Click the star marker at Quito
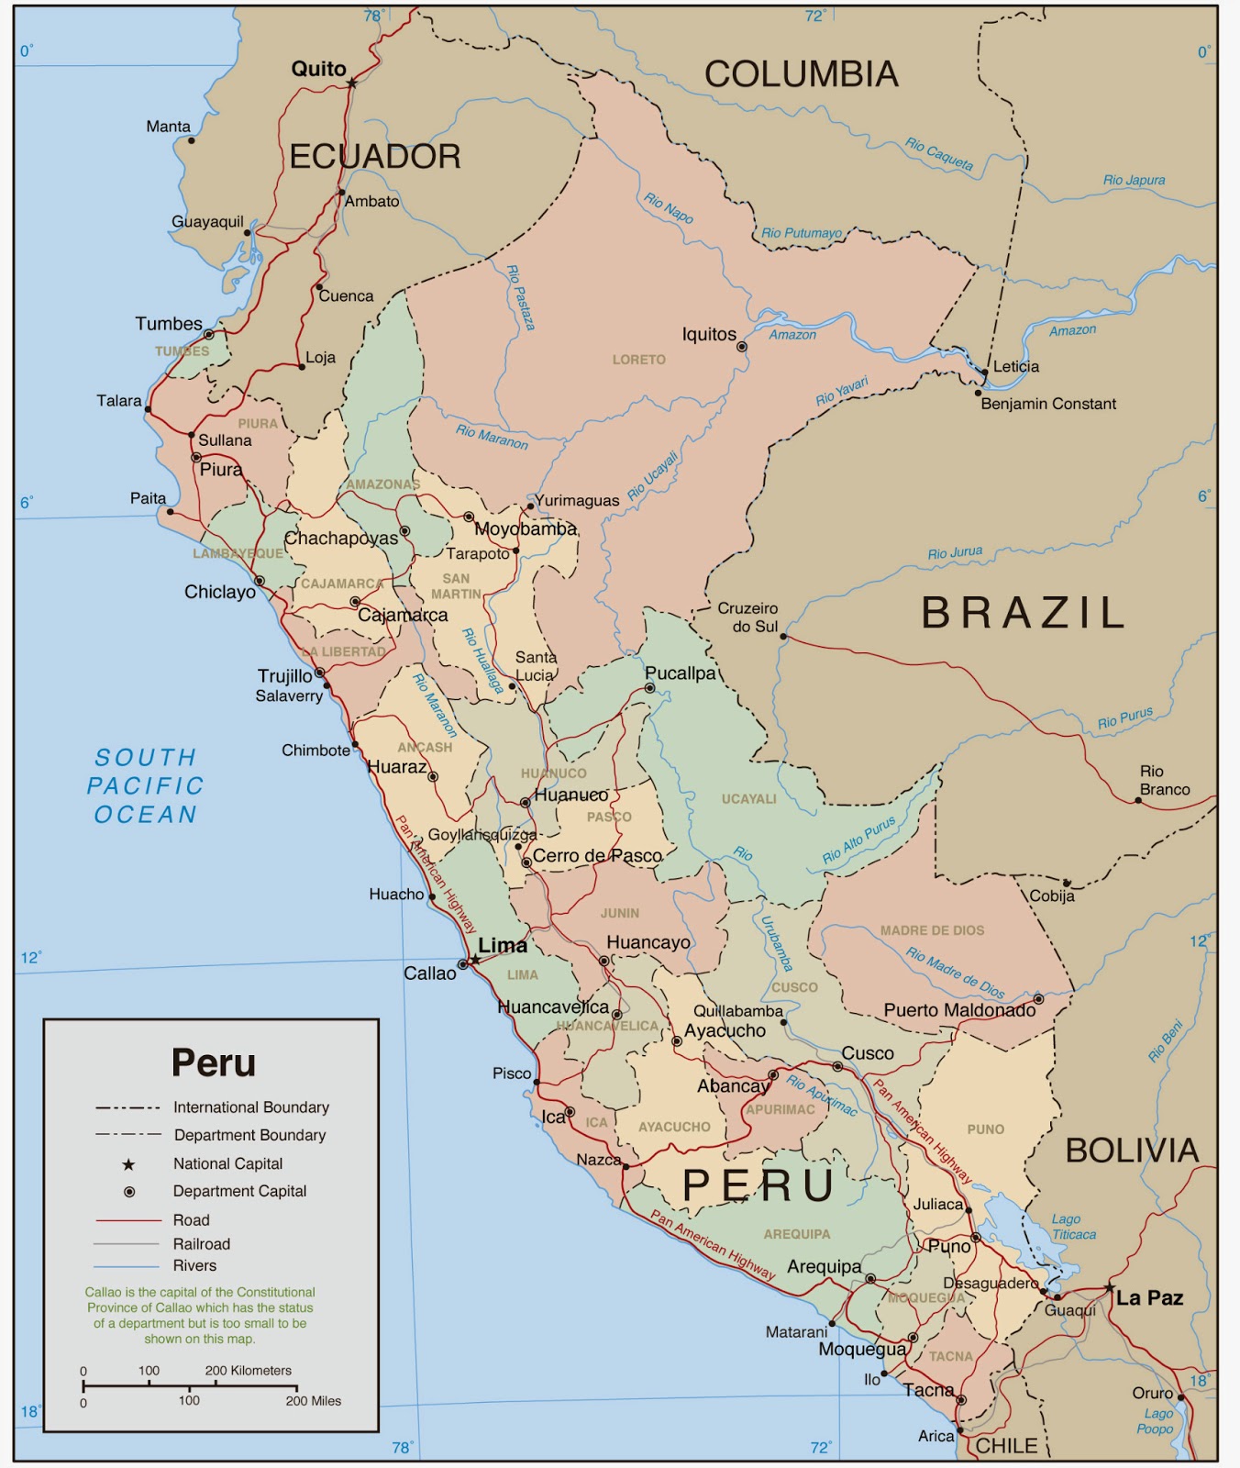pyautogui.click(x=351, y=83)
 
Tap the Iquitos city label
pyautogui.click(x=708, y=335)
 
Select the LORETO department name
pyautogui.click(x=638, y=360)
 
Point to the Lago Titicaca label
pyautogui.click(x=1073, y=1227)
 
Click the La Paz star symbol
pyautogui.click(x=1109, y=1288)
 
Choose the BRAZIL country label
pyautogui.click(x=1023, y=613)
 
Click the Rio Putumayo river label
pyautogui.click(x=801, y=233)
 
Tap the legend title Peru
pyautogui.click(x=214, y=1062)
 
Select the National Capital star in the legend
pyautogui.click(x=128, y=1164)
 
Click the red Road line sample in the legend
pyautogui.click(x=128, y=1220)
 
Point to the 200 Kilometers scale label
pyautogui.click(x=248, y=1371)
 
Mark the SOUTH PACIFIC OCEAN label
pyautogui.click(x=145, y=785)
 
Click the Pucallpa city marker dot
pyautogui.click(x=649, y=687)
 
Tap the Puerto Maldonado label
pyautogui.click(x=959, y=1010)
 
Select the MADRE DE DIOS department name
pyautogui.click(x=932, y=930)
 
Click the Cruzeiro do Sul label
pyautogui.click(x=747, y=617)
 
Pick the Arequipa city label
pyautogui.click(x=824, y=1266)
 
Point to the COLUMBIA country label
pyautogui.click(x=801, y=74)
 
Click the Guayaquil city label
pyautogui.click(x=207, y=221)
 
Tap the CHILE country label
pyautogui.click(x=1006, y=1446)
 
